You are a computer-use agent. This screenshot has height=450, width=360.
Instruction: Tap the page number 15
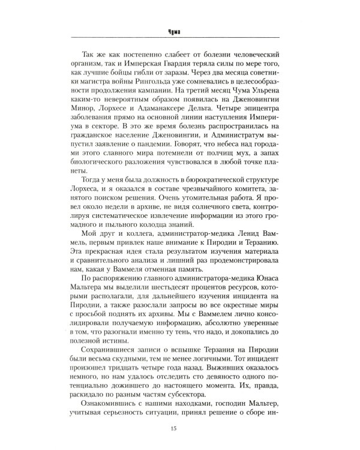(x=179, y=427)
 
